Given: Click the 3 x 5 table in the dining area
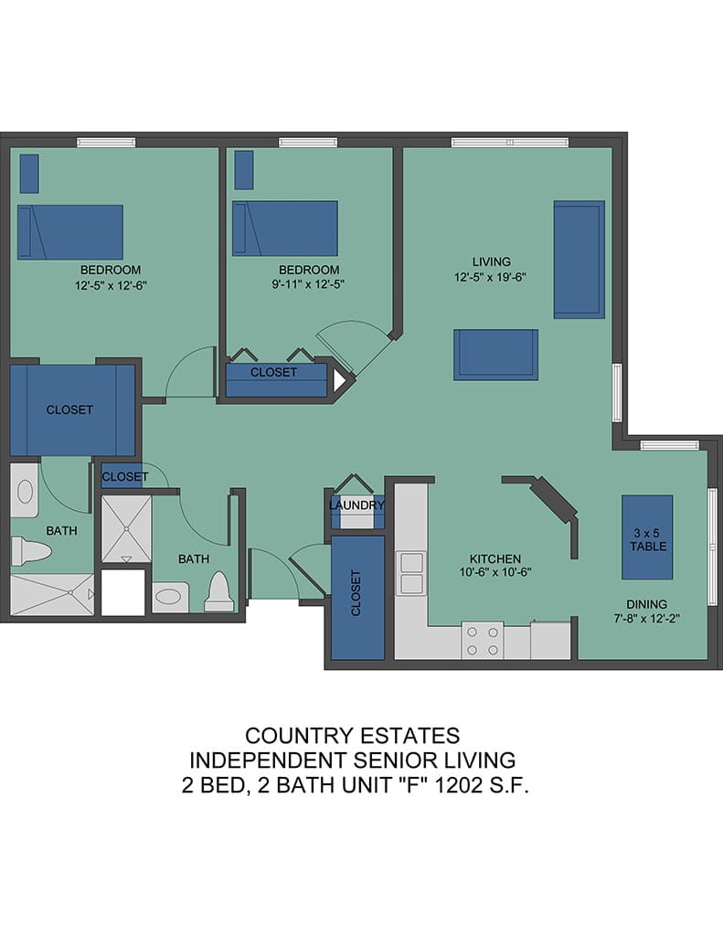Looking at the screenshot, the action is [647, 537].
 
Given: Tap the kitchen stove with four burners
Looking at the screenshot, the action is [483, 641].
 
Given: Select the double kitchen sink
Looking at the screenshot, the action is [411, 574].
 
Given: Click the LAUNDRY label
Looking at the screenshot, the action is [356, 505].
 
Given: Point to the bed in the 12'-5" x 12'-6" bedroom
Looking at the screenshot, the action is [70, 232].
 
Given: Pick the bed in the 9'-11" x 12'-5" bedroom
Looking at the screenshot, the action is [285, 229].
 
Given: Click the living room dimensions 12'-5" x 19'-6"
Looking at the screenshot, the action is [490, 278].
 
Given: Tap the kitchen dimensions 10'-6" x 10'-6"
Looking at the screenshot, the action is [495, 572].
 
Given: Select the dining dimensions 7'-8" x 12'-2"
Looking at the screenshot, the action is [646, 619].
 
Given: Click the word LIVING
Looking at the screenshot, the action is [492, 261].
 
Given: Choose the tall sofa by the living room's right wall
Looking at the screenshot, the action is [579, 260].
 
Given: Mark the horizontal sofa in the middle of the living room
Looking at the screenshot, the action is [495, 355].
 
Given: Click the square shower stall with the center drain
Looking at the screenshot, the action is [126, 529].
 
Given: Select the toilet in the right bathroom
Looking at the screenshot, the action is [219, 592].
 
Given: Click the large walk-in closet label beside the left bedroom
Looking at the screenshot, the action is [69, 409].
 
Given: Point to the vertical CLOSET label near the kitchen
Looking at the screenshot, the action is [356, 592].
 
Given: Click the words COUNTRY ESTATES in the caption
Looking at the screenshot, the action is [352, 736].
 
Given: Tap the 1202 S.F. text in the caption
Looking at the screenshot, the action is [481, 785].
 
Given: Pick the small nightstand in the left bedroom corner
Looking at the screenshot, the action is [29, 174].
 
